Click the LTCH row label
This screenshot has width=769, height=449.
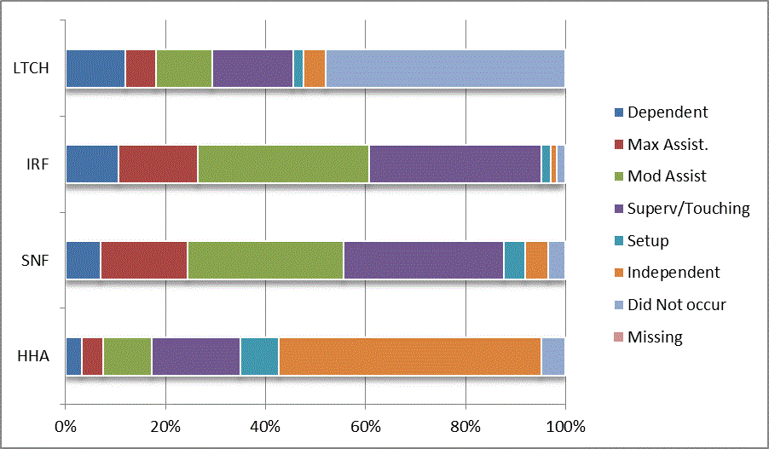tap(31, 67)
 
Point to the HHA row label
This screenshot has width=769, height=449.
tap(34, 356)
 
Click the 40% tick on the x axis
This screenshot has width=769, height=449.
tap(265, 426)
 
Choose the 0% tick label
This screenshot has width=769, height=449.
tap(66, 426)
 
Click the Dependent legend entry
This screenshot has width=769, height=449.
tap(668, 112)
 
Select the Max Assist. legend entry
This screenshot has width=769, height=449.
tap(668, 144)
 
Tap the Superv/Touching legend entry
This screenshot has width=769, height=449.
tap(688, 208)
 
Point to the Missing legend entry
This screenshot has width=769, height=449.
tap(655, 337)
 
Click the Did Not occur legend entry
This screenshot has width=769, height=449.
tap(676, 304)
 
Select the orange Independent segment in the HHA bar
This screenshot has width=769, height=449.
tap(409, 356)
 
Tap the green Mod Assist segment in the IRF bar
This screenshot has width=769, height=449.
tap(283, 164)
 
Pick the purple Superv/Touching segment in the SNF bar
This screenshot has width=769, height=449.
tap(423, 260)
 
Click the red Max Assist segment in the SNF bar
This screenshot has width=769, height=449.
tap(144, 260)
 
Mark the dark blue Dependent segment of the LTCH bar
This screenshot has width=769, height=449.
tap(95, 68)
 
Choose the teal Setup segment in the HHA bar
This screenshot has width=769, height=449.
tap(259, 356)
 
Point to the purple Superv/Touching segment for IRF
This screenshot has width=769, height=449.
tap(454, 164)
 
